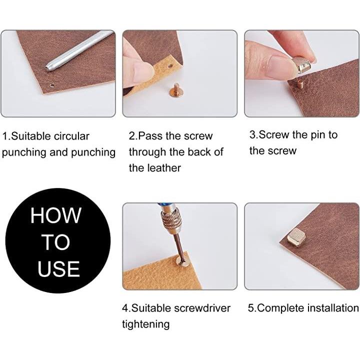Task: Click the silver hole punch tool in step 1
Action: coord(79,50)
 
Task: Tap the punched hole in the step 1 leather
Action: coord(52,85)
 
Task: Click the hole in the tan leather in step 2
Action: coord(170,66)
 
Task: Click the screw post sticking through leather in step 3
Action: coord(299,83)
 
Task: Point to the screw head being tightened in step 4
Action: coord(182,261)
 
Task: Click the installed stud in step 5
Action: coord(296,237)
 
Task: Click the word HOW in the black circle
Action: coord(56,215)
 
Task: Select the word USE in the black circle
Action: coord(58,268)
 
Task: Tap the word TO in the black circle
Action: coord(56,242)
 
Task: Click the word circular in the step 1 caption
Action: coord(71,136)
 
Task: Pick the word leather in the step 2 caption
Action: coord(164,168)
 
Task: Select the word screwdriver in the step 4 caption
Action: coord(202,308)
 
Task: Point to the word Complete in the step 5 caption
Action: coord(279,308)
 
